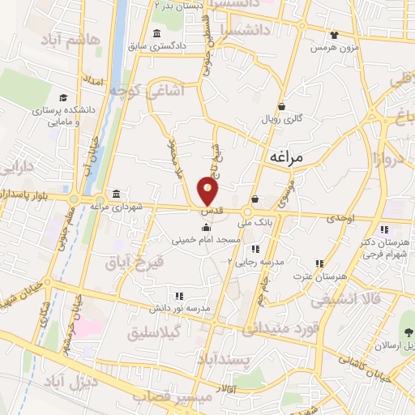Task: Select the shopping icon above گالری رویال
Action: [280, 106]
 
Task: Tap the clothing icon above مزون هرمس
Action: [334, 35]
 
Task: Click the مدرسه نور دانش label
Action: [183, 309]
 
